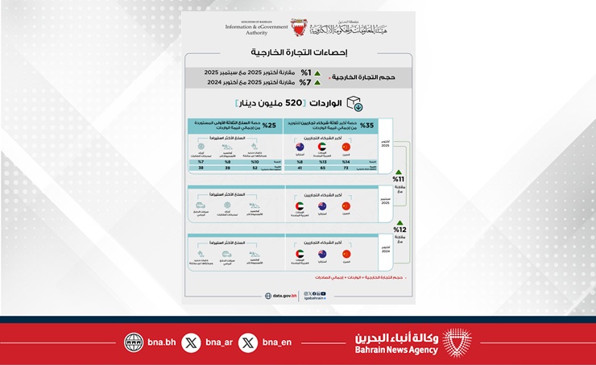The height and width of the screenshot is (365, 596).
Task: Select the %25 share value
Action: coord(269,126)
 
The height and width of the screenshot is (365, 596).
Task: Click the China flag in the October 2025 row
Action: coord(347,147)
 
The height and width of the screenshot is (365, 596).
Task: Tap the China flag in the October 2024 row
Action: coord(347,254)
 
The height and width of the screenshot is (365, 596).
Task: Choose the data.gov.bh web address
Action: coord(283,296)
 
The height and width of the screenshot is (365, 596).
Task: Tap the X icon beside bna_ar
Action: coord(191,342)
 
